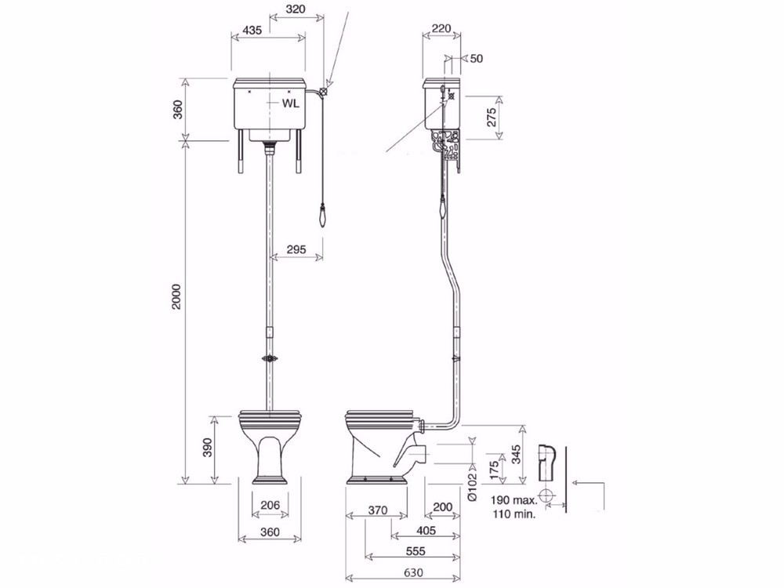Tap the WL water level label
[291, 103]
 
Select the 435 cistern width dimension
[252, 31]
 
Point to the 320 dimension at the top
[296, 9]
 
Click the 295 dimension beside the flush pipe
[296, 249]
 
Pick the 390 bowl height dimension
[208, 447]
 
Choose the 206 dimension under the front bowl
[270, 506]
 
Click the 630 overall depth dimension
[412, 572]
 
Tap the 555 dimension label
[416, 551]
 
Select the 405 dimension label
[426, 530]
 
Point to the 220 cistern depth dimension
[441, 28]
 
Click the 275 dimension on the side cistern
[492, 118]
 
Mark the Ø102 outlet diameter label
[473, 487]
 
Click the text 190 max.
[514, 500]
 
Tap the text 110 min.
[514, 514]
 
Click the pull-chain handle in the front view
[323, 216]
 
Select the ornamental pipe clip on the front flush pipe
[270, 358]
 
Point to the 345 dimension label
[517, 455]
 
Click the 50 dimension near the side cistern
[477, 59]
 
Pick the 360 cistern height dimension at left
[177, 109]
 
